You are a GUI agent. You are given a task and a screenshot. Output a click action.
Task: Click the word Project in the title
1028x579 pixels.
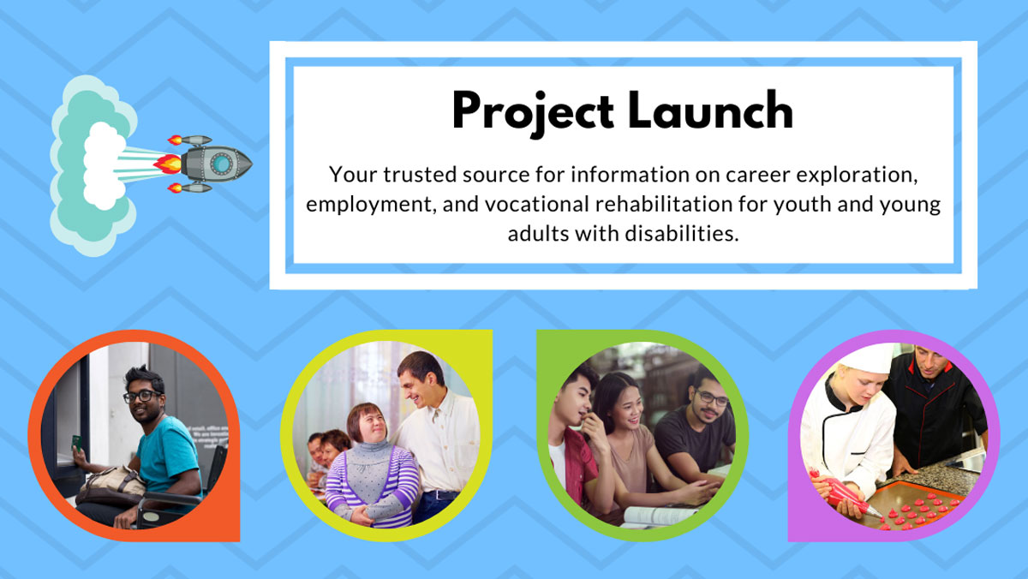[533, 112]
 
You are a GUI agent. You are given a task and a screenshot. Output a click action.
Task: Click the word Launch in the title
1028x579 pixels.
[710, 110]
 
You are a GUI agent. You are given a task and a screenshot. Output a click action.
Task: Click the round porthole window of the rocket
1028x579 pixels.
[221, 164]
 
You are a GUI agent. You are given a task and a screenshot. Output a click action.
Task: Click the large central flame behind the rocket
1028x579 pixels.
[168, 164]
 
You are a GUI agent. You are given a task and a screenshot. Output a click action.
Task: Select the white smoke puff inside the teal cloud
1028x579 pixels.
[105, 165]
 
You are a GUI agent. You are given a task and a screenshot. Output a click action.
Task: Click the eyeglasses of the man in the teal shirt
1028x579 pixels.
[140, 396]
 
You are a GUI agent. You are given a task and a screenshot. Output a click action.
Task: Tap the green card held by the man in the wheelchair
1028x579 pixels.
[76, 443]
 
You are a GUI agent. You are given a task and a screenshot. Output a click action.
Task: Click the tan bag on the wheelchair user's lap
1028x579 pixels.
[111, 485]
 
